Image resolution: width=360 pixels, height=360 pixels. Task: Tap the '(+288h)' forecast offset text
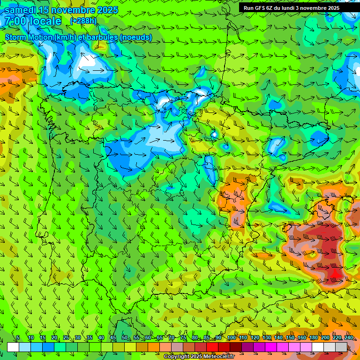tap(83, 21)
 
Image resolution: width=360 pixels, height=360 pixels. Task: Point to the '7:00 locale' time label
tap(33, 21)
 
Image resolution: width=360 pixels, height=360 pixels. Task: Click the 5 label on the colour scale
tap(18, 338)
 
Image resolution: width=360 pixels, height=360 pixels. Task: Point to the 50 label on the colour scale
tap(125, 338)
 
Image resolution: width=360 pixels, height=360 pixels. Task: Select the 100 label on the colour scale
tap(231, 338)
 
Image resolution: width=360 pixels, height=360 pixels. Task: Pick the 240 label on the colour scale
tap(348, 338)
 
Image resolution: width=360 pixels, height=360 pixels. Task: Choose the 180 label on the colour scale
tap(313, 338)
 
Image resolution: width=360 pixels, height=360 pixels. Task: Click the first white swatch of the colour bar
tap(13, 347)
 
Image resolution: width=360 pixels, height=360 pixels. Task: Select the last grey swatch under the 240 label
tap(341, 347)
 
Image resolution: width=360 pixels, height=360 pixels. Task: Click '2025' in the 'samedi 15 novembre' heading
tap(107, 10)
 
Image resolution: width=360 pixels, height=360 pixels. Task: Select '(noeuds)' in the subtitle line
tap(136, 37)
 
